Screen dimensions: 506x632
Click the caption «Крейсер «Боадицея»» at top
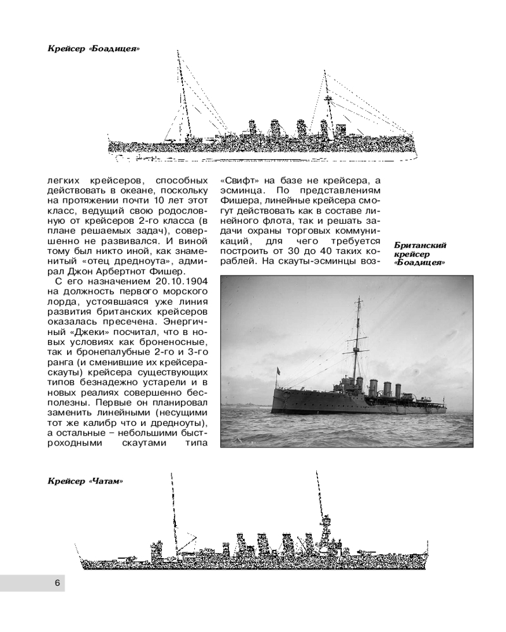94,49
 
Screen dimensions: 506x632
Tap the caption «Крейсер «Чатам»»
85,481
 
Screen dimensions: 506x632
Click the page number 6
58,583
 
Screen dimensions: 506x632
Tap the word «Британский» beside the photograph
420,245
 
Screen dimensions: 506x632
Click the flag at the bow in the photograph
277,369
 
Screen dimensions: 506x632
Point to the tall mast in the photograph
357,339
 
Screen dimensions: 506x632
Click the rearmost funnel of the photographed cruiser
397,390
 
